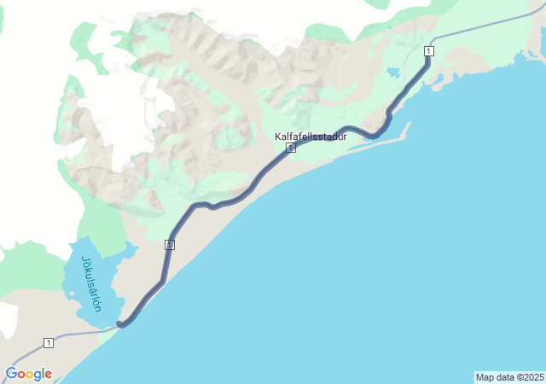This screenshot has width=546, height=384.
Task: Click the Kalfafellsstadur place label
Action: click(x=311, y=137)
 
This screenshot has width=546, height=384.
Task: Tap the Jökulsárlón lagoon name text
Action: click(x=91, y=283)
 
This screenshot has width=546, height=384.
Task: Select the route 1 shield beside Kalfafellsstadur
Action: click(x=291, y=148)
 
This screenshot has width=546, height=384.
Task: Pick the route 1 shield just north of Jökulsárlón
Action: click(x=170, y=245)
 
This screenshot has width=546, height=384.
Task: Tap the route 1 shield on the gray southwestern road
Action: click(x=49, y=343)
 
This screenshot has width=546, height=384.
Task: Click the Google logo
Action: click(x=28, y=374)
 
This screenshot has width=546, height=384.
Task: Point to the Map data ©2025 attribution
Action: click(x=509, y=377)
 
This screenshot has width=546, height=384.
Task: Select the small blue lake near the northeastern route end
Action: click(x=393, y=73)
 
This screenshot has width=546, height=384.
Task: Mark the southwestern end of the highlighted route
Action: click(x=120, y=324)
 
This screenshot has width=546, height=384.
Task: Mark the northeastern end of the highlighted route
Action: click(x=428, y=45)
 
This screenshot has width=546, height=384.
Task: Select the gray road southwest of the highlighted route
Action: click(x=77, y=334)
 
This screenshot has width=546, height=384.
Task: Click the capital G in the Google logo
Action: click(x=11, y=374)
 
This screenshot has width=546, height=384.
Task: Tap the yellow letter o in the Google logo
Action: click(x=30, y=375)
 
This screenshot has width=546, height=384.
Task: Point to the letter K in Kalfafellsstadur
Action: click(x=278, y=137)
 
